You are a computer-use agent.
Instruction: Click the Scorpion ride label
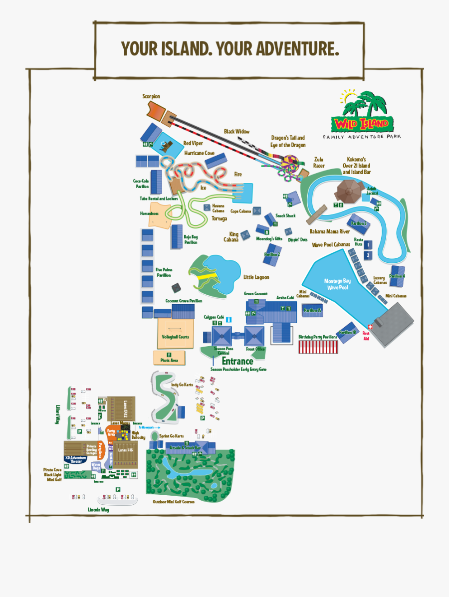(151, 97)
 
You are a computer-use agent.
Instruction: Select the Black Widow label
(236, 132)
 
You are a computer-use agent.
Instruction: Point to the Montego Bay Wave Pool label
(337, 284)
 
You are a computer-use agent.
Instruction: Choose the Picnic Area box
(169, 358)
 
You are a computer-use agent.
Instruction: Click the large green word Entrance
(237, 361)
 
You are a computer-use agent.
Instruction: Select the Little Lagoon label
(256, 277)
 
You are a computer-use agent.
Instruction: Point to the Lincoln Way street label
(98, 510)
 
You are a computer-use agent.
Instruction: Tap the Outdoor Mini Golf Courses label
(174, 502)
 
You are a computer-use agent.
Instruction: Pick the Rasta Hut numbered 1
(368, 245)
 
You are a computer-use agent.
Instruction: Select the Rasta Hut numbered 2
(368, 255)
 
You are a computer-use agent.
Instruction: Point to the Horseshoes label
(149, 213)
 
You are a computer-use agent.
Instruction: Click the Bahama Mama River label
(330, 231)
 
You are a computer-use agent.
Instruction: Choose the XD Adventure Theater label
(75, 459)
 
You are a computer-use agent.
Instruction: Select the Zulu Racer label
(319, 163)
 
